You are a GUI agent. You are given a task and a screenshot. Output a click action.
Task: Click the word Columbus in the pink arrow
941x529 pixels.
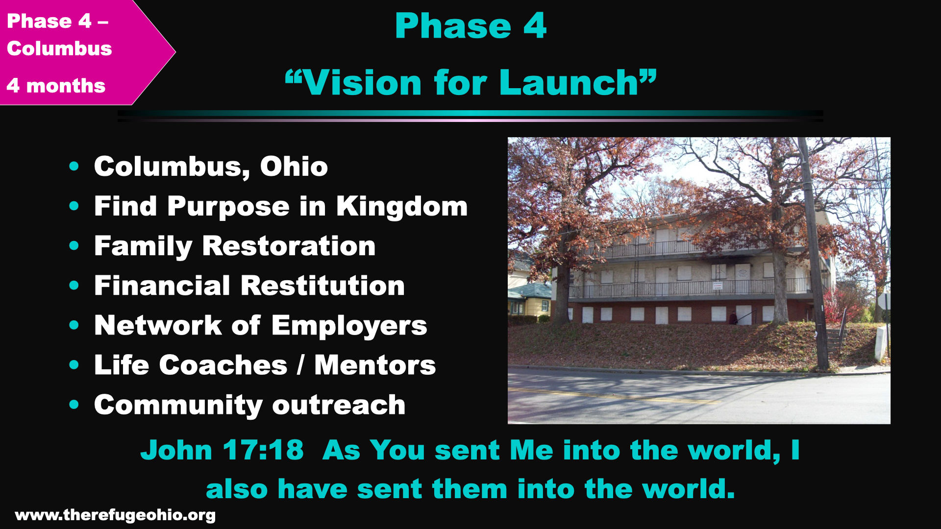click(x=59, y=48)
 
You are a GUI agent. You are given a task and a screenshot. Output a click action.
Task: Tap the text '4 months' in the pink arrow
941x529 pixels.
click(x=56, y=86)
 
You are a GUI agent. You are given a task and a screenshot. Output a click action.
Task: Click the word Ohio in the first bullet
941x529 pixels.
click(x=294, y=167)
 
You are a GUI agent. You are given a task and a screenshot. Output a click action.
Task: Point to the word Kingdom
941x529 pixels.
click(x=402, y=206)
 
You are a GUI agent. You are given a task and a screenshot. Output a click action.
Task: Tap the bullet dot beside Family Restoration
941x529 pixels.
click(x=74, y=245)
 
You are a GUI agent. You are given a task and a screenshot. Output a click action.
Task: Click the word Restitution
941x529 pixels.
click(x=323, y=286)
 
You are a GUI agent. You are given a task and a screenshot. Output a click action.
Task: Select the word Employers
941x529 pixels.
click(x=349, y=326)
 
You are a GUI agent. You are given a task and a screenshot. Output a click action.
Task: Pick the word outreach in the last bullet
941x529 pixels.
click(x=339, y=405)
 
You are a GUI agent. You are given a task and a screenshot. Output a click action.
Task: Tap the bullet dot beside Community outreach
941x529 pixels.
click(x=74, y=405)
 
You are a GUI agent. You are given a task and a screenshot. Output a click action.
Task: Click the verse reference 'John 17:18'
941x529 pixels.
click(x=222, y=450)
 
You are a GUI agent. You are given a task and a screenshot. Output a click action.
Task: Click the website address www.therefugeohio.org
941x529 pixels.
click(x=115, y=515)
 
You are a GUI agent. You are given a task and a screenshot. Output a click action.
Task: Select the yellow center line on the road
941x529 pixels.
click(x=613, y=396)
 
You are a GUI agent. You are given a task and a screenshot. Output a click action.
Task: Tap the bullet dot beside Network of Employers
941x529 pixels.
click(x=74, y=325)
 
